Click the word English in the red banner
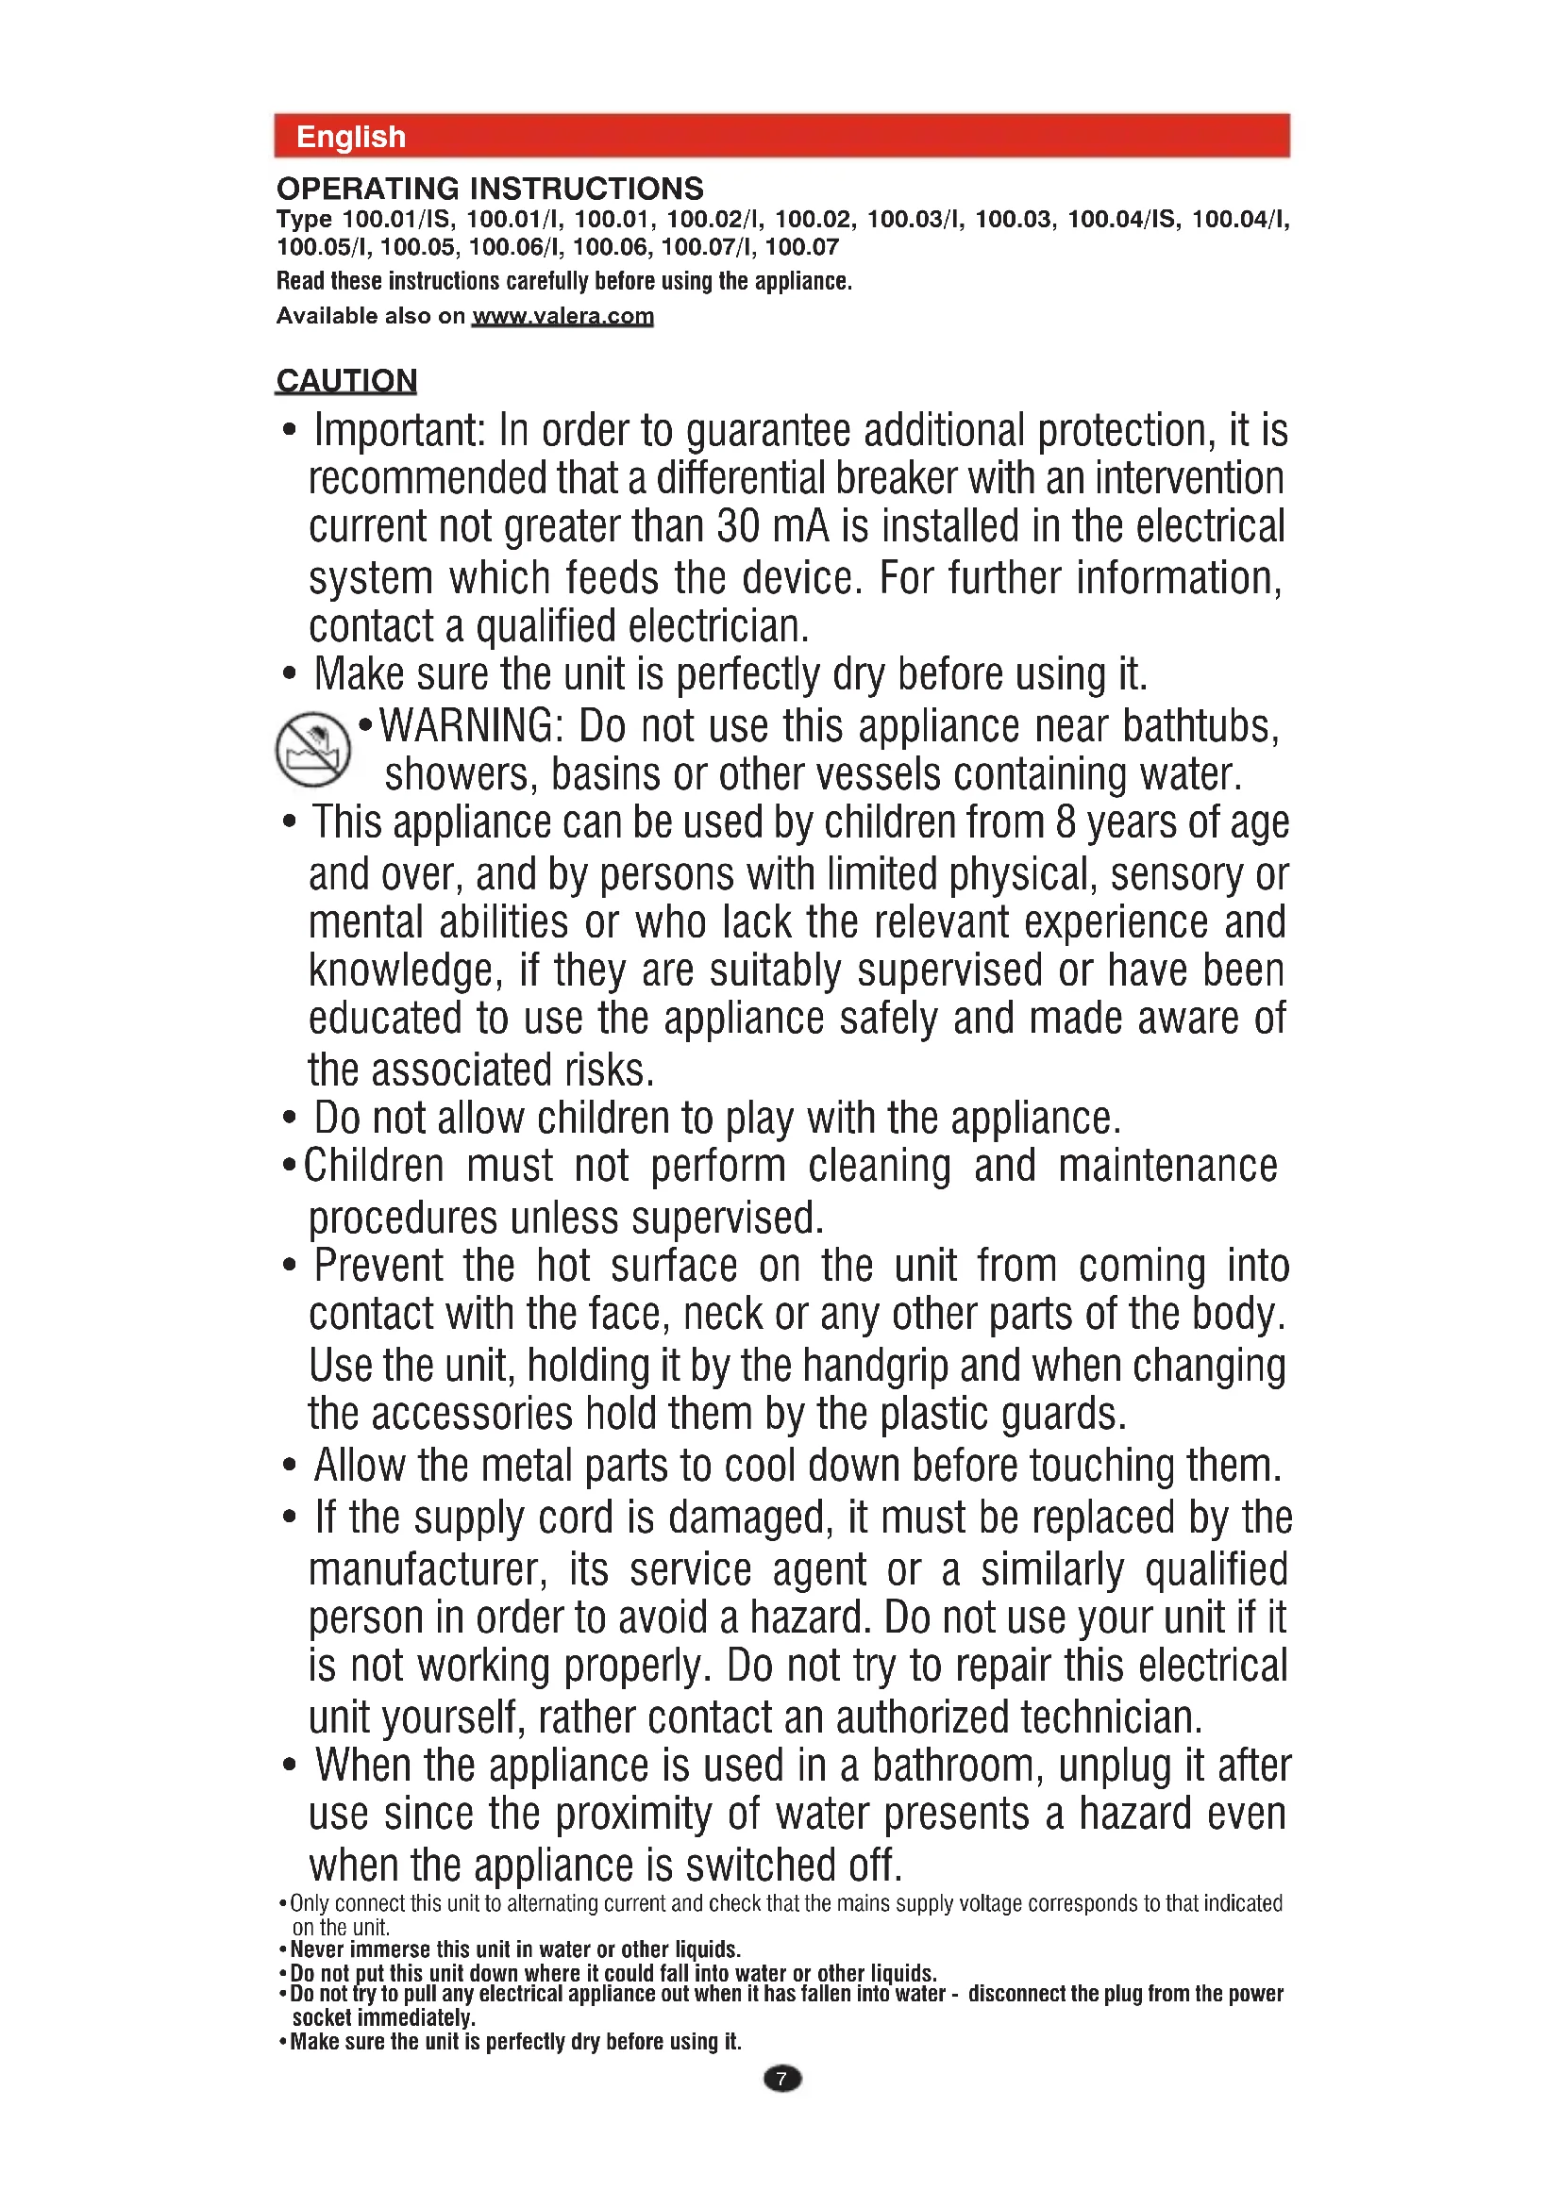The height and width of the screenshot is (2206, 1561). tap(351, 137)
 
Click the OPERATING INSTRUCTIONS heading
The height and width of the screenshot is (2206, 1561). tap(489, 189)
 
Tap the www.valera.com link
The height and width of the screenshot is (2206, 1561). tap(562, 316)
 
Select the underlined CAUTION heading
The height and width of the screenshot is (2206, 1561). tap(346, 380)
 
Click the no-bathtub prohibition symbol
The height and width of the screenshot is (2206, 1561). tap(312, 749)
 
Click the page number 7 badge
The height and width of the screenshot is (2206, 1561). tap(781, 2079)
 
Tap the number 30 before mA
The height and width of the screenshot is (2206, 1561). tap(738, 526)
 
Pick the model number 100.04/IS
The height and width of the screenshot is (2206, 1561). tap(1122, 219)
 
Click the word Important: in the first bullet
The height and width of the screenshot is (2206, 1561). tap(399, 430)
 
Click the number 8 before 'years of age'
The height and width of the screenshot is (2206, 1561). tap(1065, 822)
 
